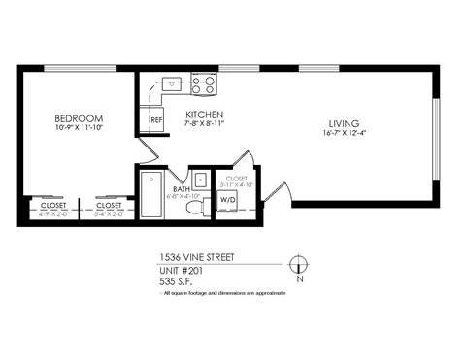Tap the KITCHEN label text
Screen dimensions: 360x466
(x=205, y=115)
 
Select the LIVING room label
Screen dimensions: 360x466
(x=344, y=123)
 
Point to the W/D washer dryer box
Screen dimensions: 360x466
(x=229, y=199)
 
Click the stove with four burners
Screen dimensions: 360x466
(x=204, y=84)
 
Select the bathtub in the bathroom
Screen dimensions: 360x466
(x=151, y=194)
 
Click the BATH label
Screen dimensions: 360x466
(x=181, y=188)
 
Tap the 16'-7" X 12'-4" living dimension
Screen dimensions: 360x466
(x=344, y=135)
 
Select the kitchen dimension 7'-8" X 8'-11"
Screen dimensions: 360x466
(x=205, y=125)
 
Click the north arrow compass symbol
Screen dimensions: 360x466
(x=299, y=263)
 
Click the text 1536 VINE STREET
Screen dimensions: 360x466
(x=196, y=258)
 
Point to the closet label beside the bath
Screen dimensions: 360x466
(x=236, y=179)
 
